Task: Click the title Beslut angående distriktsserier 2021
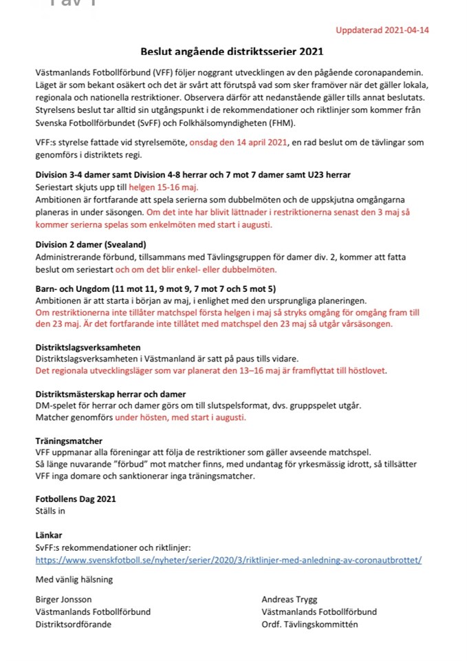click(232, 51)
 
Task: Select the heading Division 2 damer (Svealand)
click(91, 244)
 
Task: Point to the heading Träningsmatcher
click(69, 441)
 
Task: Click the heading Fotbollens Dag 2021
click(76, 499)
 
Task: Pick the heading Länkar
click(49, 534)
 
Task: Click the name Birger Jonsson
click(63, 600)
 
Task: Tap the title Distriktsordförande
click(73, 625)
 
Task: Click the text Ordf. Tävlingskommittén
click(309, 625)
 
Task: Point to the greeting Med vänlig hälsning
click(74, 579)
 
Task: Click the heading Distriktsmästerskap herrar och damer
click(111, 395)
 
